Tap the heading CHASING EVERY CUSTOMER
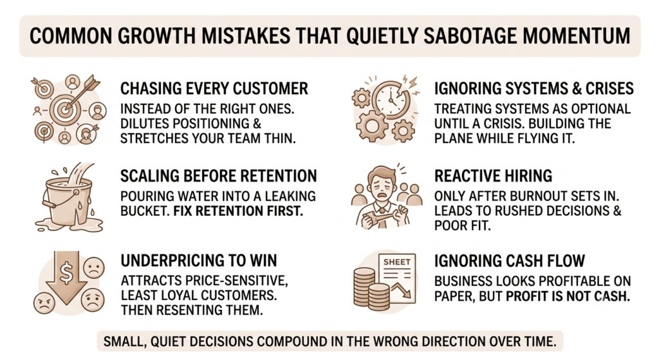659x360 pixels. [x=214, y=89]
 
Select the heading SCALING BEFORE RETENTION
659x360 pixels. [x=219, y=176]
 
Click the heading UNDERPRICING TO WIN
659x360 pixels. [x=199, y=260]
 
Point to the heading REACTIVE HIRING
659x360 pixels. [x=493, y=176]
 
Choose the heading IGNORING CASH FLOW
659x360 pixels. [x=510, y=261]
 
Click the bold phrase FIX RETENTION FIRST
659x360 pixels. [x=238, y=211]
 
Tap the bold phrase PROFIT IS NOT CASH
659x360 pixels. [x=568, y=296]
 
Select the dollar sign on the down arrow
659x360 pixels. [x=66, y=272]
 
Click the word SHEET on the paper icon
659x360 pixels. [x=396, y=261]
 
